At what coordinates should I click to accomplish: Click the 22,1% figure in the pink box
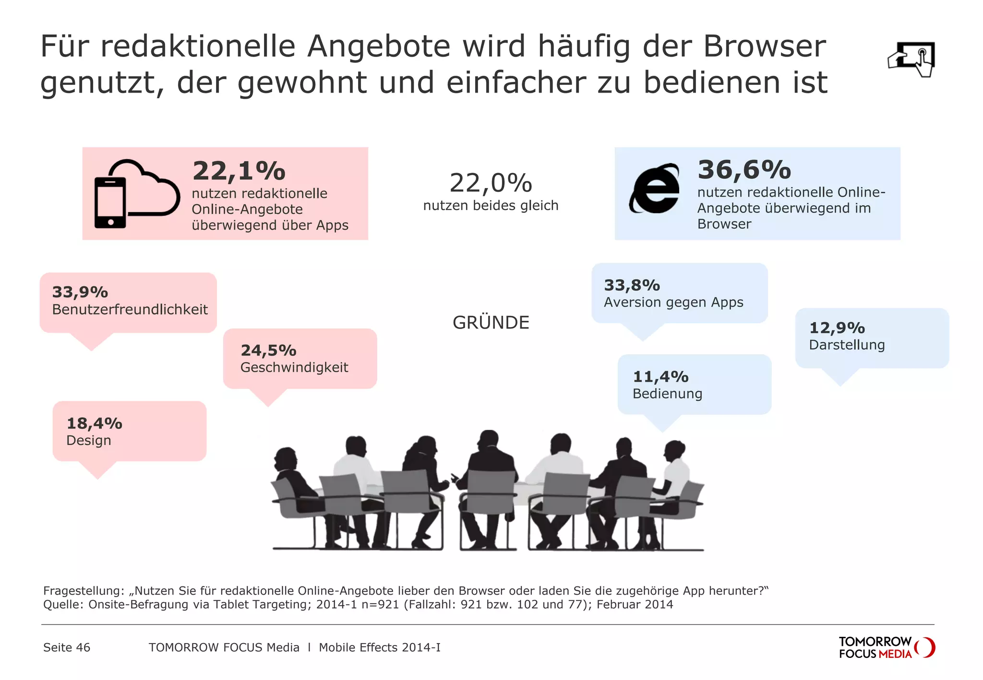click(239, 171)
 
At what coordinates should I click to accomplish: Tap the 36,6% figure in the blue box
click(744, 170)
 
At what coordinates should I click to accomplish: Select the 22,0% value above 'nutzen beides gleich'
click(491, 183)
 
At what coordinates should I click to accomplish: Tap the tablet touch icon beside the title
click(911, 59)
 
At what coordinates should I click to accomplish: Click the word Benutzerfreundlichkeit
click(130, 310)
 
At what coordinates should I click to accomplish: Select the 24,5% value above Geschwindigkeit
click(268, 351)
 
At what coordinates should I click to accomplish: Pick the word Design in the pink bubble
click(89, 441)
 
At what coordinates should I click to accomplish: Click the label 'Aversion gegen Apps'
click(673, 303)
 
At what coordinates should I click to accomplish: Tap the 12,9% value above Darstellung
click(837, 328)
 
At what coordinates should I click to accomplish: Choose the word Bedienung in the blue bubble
click(667, 394)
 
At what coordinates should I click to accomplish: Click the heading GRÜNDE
click(491, 323)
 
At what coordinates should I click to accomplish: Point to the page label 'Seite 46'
click(67, 647)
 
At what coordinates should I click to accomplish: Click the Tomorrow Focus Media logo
click(887, 647)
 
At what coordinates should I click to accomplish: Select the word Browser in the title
click(765, 47)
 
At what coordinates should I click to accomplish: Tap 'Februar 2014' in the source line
click(635, 604)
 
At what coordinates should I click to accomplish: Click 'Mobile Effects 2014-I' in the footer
click(380, 647)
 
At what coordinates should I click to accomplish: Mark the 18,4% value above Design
click(94, 423)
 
